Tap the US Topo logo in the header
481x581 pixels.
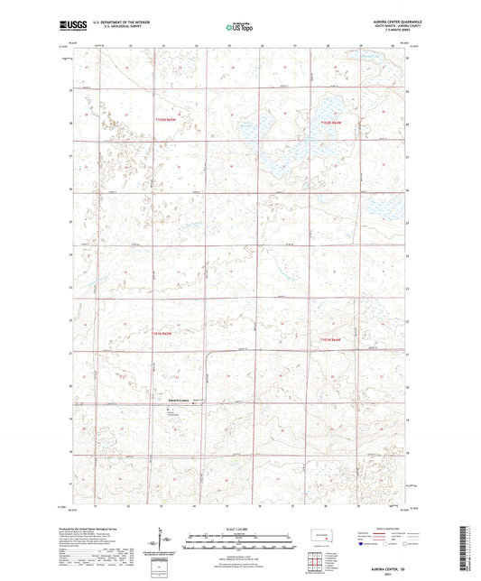pos(240,28)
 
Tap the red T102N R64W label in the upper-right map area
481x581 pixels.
pos(330,122)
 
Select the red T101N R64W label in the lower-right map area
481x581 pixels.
pos(330,339)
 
